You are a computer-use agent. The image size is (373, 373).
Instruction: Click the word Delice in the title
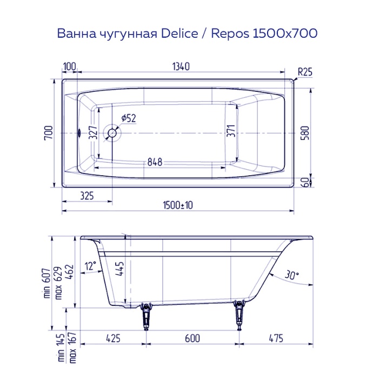coord(178,34)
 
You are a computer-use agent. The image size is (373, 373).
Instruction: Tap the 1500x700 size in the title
coord(283,34)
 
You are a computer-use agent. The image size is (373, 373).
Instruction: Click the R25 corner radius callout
coord(305,70)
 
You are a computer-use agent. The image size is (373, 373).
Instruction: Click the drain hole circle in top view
coord(113,132)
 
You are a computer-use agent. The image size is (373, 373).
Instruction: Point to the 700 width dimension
coord(48,132)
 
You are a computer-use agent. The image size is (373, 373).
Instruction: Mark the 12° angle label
coord(90,265)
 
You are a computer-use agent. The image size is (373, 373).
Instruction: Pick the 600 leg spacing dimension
coord(192,338)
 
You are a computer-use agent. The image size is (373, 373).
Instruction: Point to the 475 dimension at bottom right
coord(276,338)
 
